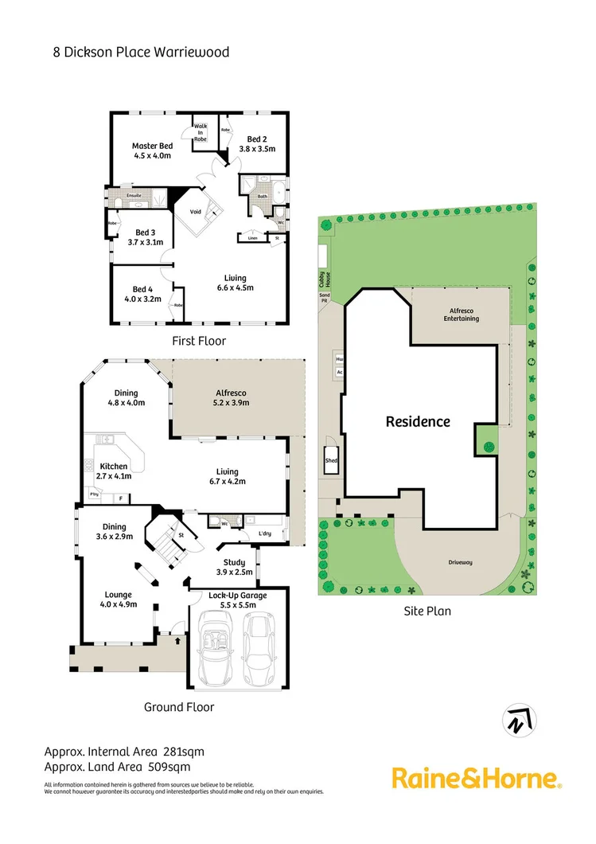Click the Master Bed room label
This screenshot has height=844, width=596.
[x=152, y=147]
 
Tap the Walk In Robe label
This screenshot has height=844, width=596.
[x=201, y=131]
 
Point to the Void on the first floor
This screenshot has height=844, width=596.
[x=195, y=212]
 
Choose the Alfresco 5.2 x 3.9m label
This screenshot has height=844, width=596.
[x=232, y=393]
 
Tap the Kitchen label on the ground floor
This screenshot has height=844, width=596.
[x=114, y=466]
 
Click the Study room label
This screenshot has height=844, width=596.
[x=234, y=562]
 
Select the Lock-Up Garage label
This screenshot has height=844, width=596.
[x=237, y=595]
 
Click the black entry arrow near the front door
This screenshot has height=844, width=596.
[x=177, y=639]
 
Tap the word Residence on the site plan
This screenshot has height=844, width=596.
[x=418, y=422]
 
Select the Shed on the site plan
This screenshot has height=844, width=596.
[x=330, y=461]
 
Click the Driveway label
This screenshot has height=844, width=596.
[x=459, y=562]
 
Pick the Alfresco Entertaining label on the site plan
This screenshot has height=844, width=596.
[x=462, y=315]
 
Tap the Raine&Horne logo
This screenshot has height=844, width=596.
[x=476, y=778]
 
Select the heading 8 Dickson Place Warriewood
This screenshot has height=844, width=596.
[x=141, y=53]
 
